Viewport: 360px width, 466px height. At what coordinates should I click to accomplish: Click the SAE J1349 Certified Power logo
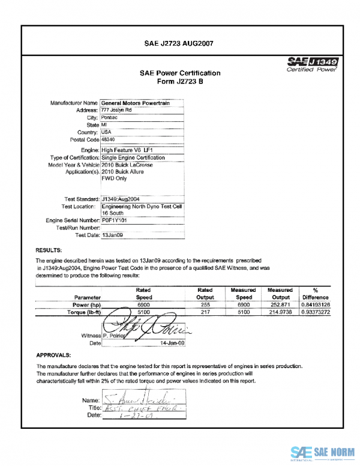click(x=313, y=64)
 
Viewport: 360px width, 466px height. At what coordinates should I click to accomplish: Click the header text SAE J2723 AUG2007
click(x=179, y=43)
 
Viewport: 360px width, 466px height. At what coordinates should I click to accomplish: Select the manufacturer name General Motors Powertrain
click(x=135, y=103)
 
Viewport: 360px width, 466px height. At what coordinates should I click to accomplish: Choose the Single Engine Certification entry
click(x=133, y=157)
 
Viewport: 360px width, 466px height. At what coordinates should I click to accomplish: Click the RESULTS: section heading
click(x=50, y=249)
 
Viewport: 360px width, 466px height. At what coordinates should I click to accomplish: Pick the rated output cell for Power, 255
click(x=205, y=305)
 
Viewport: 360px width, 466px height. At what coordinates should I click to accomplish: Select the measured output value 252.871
click(x=281, y=305)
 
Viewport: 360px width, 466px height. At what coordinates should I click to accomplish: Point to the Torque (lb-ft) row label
click(x=84, y=313)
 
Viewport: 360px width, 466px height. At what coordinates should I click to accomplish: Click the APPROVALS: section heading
click(x=54, y=355)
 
